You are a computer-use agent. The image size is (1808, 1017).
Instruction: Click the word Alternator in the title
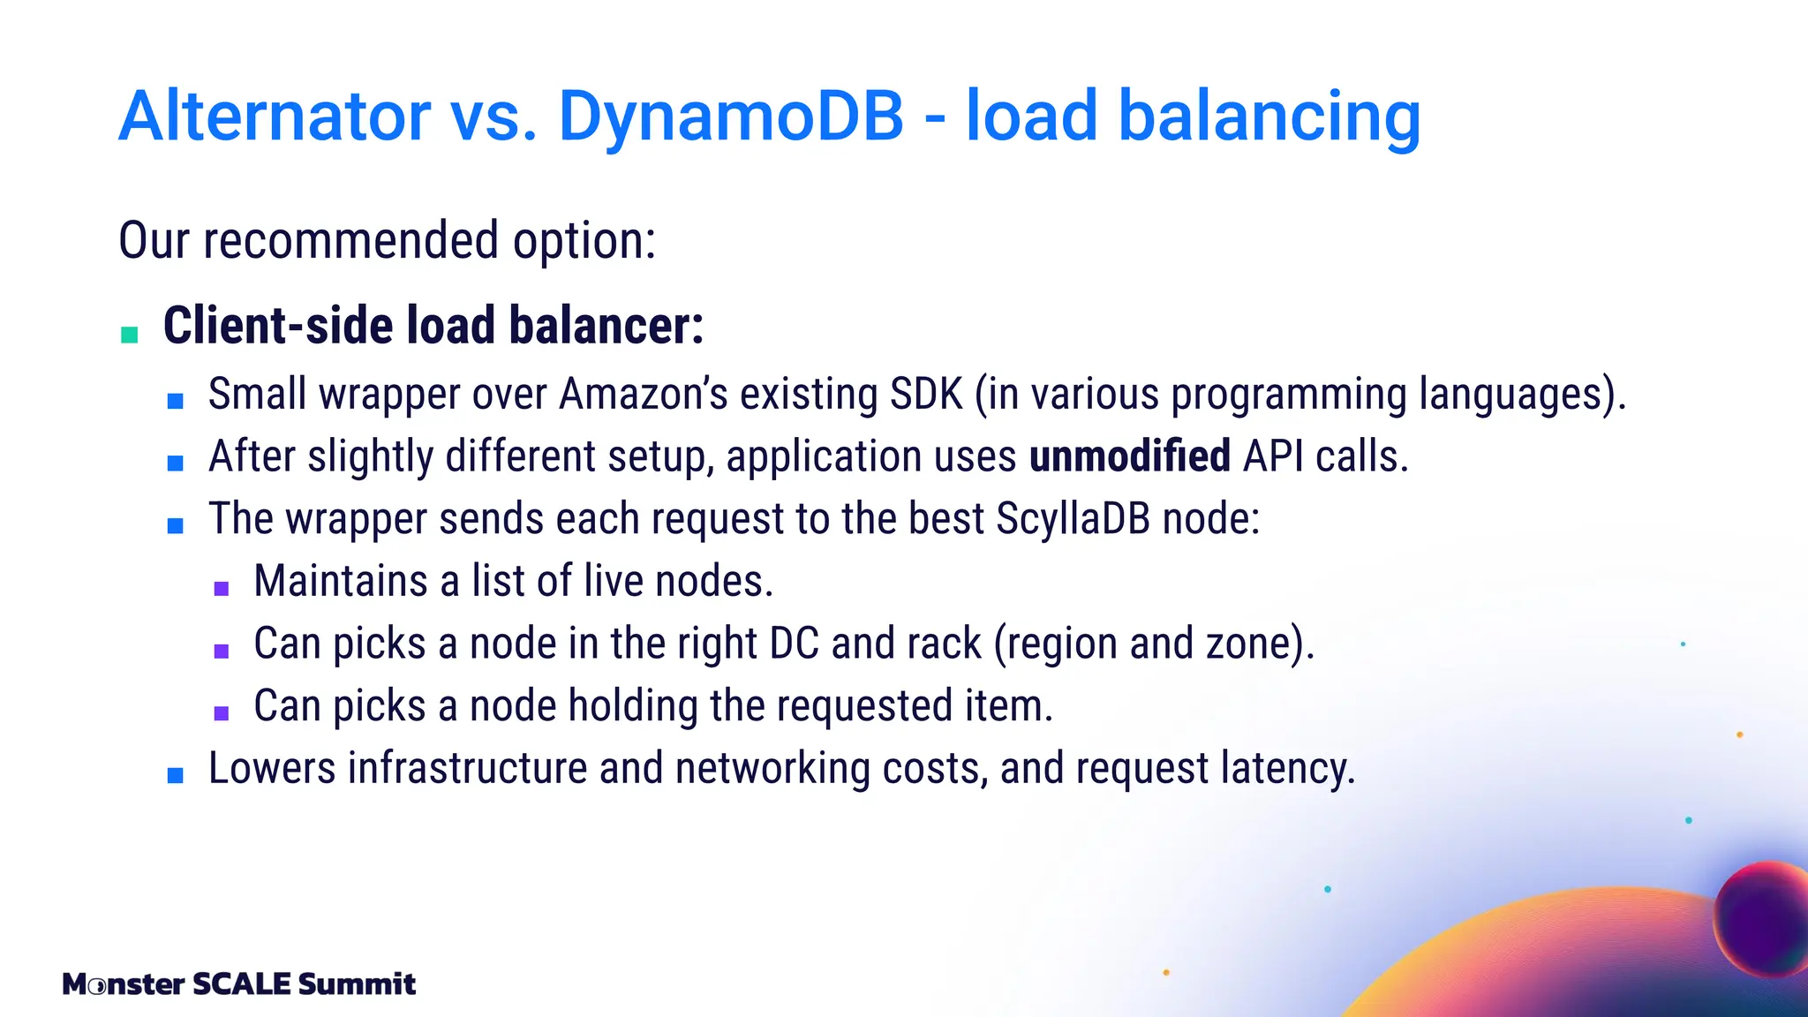(x=275, y=116)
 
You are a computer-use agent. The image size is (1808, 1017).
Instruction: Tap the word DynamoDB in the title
(x=731, y=116)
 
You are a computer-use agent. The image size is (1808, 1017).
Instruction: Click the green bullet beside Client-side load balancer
(x=130, y=335)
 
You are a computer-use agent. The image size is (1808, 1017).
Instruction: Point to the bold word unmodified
(x=1129, y=456)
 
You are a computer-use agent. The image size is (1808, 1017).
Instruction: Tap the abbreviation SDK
(x=926, y=394)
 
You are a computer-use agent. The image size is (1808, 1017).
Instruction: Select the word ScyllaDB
(x=1073, y=518)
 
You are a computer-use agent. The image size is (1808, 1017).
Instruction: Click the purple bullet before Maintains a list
(x=222, y=588)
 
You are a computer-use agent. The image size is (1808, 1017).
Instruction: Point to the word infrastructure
(x=467, y=768)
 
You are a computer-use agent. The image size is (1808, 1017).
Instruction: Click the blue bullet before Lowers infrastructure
(x=176, y=776)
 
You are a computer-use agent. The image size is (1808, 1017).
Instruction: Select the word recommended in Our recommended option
(x=351, y=240)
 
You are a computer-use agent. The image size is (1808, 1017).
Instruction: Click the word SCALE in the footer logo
(x=241, y=983)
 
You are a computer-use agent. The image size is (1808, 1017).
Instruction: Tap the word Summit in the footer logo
(x=357, y=983)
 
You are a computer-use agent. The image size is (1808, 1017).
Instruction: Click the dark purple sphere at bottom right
(x=1761, y=918)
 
